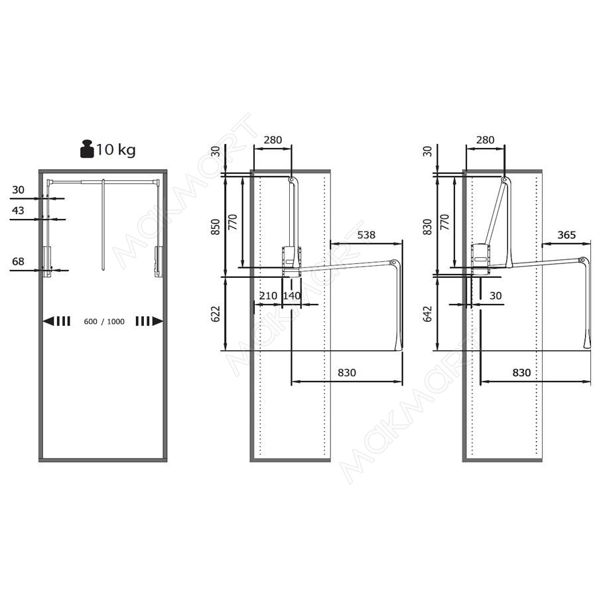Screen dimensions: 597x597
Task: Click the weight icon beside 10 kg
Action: tap(87, 149)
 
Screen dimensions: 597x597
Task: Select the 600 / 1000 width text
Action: tap(104, 322)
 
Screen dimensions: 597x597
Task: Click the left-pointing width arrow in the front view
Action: tap(57, 321)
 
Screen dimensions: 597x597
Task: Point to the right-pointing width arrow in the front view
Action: tap(149, 321)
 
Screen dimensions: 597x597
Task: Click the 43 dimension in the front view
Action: tap(18, 210)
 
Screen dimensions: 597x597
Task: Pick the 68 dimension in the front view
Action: tap(18, 261)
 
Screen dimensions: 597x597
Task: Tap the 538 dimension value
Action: tap(366, 235)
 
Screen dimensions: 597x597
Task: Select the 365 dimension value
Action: tap(566, 235)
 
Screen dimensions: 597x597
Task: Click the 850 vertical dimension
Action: tap(216, 227)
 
